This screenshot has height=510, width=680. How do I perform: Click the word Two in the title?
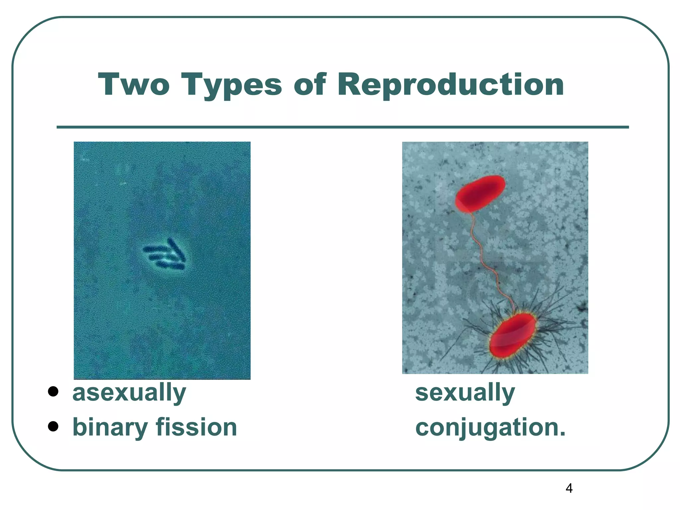point(134,85)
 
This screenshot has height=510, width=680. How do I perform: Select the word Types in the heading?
point(231,86)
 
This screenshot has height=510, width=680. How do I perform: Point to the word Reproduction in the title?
point(451,86)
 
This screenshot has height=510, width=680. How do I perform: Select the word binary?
point(110,428)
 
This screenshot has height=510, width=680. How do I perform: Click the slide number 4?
point(569,488)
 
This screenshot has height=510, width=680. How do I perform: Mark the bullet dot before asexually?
point(53,391)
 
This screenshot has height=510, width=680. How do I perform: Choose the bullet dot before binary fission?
point(53,426)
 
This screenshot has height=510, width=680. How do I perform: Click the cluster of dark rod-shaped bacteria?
point(165,255)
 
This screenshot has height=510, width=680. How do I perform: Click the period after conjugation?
point(562,434)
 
